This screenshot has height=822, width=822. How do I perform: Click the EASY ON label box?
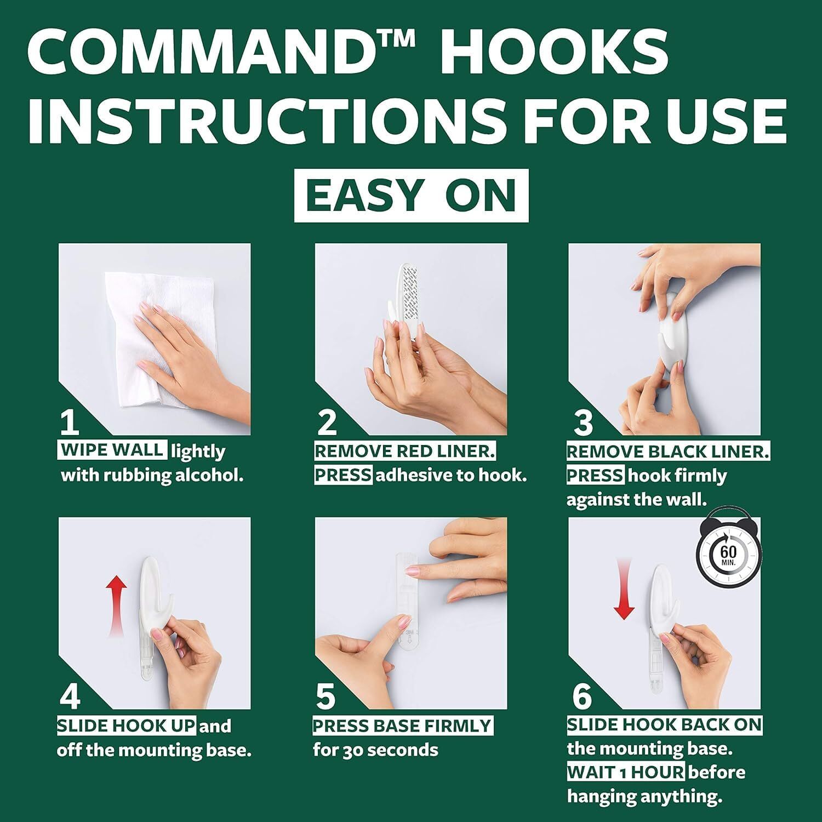tap(411, 196)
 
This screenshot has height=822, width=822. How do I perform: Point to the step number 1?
tap(70, 423)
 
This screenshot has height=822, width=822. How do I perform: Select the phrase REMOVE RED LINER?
tap(405, 451)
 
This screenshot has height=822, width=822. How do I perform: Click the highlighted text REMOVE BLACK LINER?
tap(667, 452)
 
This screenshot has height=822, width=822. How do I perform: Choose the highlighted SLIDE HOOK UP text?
tap(127, 726)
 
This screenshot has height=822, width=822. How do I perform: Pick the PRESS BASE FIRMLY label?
tap(403, 726)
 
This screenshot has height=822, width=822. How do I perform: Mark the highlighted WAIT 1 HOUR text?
tap(625, 772)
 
